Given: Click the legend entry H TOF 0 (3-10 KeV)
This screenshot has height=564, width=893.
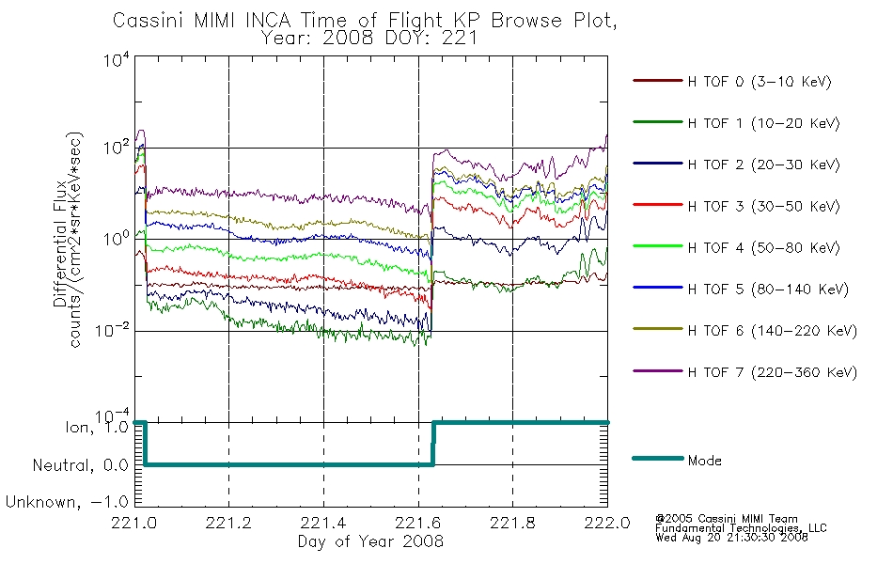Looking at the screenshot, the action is tap(760, 82).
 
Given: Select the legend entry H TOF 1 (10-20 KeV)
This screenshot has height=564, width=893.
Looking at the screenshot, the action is tap(763, 123).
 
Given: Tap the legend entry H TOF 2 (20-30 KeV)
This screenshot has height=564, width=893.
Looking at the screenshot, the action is tap(763, 164).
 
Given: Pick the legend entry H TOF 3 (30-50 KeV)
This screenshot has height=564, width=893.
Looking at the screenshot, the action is tap(763, 206).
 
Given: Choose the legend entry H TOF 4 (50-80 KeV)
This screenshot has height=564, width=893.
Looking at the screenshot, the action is tap(763, 248).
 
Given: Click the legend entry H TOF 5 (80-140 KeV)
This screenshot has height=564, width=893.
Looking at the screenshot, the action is tap(768, 290).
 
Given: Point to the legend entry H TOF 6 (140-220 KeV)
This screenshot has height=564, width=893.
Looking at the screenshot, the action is tap(773, 331).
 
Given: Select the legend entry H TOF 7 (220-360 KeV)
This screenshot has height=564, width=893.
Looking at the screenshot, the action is tap(773, 372).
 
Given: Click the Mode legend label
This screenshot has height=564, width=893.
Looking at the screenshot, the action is tap(704, 461).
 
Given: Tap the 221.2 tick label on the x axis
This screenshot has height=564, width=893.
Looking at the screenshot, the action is tap(228, 523).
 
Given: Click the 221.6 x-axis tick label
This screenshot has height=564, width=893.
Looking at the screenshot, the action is tap(418, 523).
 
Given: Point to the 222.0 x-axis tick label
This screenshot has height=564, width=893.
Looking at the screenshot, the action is tap(607, 523).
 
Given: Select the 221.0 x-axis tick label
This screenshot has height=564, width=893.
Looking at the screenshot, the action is tap(133, 523).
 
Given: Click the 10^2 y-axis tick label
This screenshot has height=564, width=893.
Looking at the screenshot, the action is tap(117, 148).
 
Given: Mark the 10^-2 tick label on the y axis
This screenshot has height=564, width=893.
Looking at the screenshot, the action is tap(113, 330).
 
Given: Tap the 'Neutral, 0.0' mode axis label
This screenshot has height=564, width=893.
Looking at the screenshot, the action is tap(80, 465).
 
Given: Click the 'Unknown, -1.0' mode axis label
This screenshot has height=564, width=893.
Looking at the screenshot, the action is tap(67, 502).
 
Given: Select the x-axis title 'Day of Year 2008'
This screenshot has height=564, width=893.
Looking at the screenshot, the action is tap(370, 541).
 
